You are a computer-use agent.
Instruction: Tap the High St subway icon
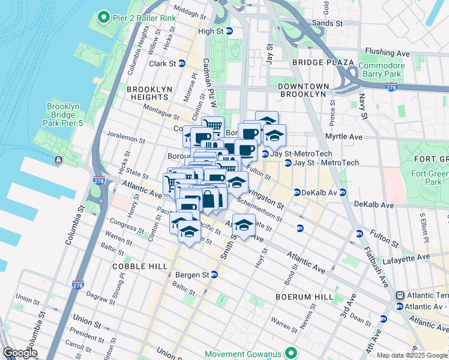coord(229,31)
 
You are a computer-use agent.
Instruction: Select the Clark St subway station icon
coord(181,63)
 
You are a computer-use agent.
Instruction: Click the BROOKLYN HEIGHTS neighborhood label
coord(147,92)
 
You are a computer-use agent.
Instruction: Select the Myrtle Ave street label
coord(344,137)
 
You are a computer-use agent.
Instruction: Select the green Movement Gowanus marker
coord(291,353)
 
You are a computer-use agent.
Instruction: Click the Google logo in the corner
coord(20,353)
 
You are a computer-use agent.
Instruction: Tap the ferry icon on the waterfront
coord(58,160)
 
